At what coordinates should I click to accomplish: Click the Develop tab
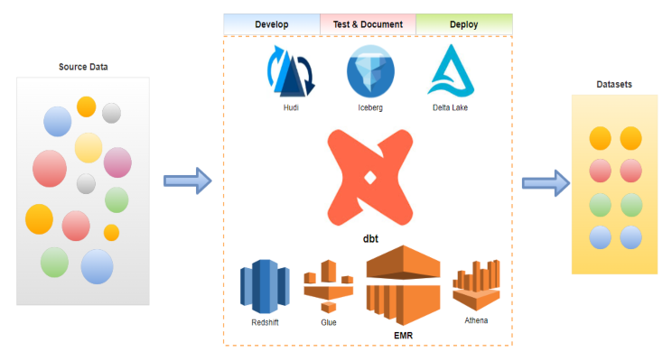[272, 24]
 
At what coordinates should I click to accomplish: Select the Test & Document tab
[368, 24]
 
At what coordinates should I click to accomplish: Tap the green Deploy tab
[463, 24]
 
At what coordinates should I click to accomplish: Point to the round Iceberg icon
[370, 73]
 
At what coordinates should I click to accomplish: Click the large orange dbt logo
[368, 178]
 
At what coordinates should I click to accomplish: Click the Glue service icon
[328, 285]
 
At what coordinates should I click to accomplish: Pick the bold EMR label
[403, 336]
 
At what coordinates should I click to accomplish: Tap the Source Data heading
[84, 67]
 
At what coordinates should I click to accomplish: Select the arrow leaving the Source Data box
[187, 180]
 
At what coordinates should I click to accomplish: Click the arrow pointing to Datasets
[546, 183]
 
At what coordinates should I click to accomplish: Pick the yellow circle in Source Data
[89, 147]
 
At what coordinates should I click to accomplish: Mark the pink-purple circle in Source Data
[117, 162]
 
